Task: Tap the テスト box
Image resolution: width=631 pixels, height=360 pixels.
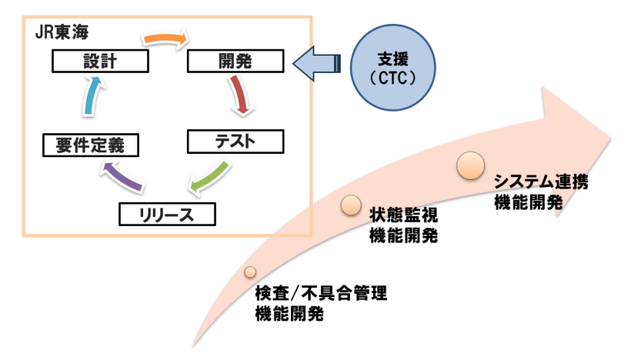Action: (x=235, y=142)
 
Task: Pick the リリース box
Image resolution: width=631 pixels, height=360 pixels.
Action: (x=166, y=213)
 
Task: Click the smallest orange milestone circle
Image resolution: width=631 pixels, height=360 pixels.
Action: (x=250, y=272)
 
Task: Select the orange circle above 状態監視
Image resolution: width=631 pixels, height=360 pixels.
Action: (x=350, y=204)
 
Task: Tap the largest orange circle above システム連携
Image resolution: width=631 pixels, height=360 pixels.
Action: (x=470, y=164)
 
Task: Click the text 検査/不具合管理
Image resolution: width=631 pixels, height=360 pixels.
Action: (x=321, y=293)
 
